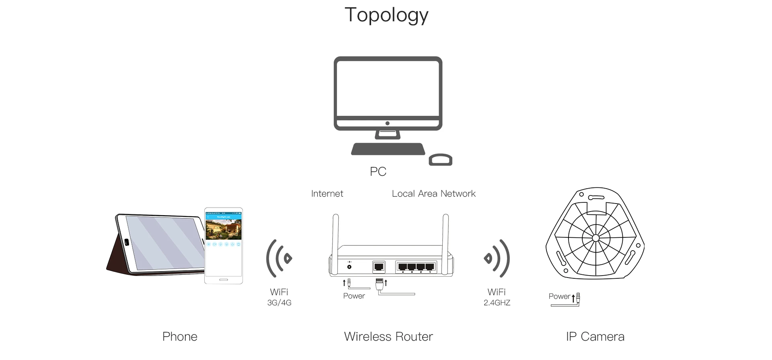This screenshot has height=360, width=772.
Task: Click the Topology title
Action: click(x=386, y=16)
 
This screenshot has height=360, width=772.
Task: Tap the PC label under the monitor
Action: click(x=378, y=172)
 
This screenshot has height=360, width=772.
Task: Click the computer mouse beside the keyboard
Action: click(x=441, y=160)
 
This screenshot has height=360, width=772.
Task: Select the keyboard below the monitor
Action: click(x=388, y=149)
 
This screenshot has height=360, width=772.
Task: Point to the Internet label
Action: click(x=327, y=194)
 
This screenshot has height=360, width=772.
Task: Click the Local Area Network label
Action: click(x=433, y=194)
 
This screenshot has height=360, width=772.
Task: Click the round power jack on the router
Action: click(x=349, y=266)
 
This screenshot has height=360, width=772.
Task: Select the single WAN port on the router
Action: click(x=378, y=266)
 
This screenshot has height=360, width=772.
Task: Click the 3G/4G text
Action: click(x=279, y=303)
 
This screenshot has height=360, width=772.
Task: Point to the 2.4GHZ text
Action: click(x=497, y=303)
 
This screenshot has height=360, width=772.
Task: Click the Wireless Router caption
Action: click(x=388, y=337)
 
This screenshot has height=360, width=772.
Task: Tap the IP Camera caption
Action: click(x=595, y=337)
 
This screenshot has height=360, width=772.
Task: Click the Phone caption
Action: click(x=180, y=337)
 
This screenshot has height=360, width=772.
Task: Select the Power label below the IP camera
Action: click(x=559, y=296)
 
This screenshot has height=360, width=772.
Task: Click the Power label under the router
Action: click(x=354, y=296)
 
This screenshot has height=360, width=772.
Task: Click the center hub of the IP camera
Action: click(x=595, y=238)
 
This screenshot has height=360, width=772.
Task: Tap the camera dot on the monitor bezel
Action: click(x=387, y=123)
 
